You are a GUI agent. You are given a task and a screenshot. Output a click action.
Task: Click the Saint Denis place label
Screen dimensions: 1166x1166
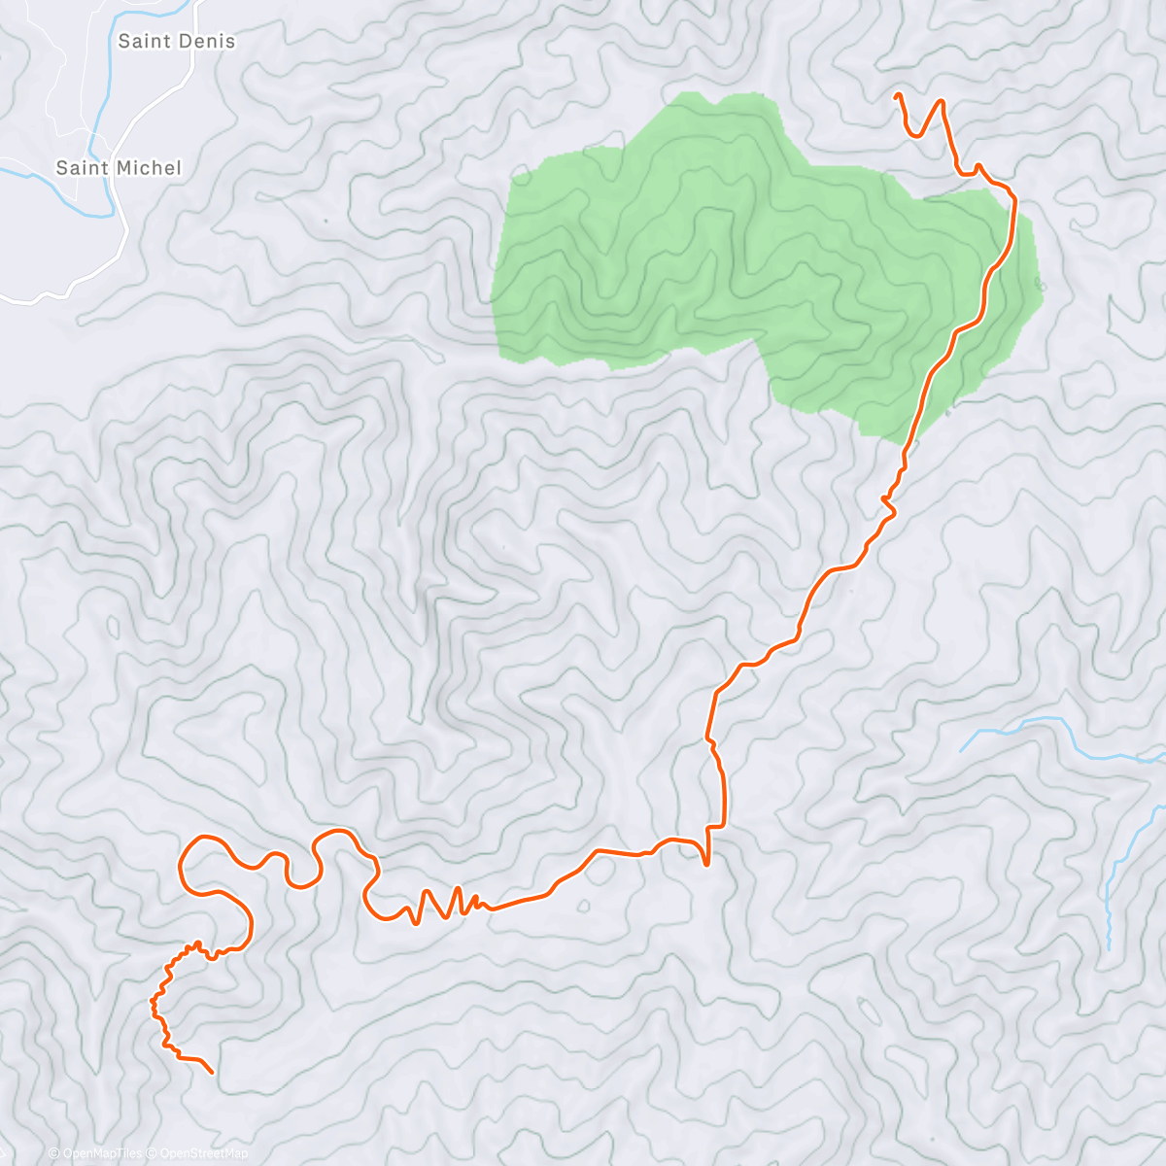coord(176,41)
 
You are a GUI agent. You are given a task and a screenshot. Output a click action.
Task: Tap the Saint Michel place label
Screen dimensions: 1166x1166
coord(119,168)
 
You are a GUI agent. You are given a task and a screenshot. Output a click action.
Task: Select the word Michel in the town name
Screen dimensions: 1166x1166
coord(148,168)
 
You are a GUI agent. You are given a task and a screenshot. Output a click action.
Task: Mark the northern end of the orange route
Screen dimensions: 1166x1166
coord(896,95)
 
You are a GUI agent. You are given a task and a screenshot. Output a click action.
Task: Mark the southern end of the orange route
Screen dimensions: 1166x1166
coord(212,1073)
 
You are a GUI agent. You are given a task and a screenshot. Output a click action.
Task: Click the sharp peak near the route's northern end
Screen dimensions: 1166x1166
coord(941,100)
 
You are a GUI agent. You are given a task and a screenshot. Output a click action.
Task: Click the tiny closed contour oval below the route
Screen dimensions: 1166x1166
coord(583,907)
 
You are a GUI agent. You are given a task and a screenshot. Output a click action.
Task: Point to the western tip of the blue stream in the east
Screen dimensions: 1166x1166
coord(961,751)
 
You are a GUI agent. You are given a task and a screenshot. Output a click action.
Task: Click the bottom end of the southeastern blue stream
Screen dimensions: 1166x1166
coord(1109,948)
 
